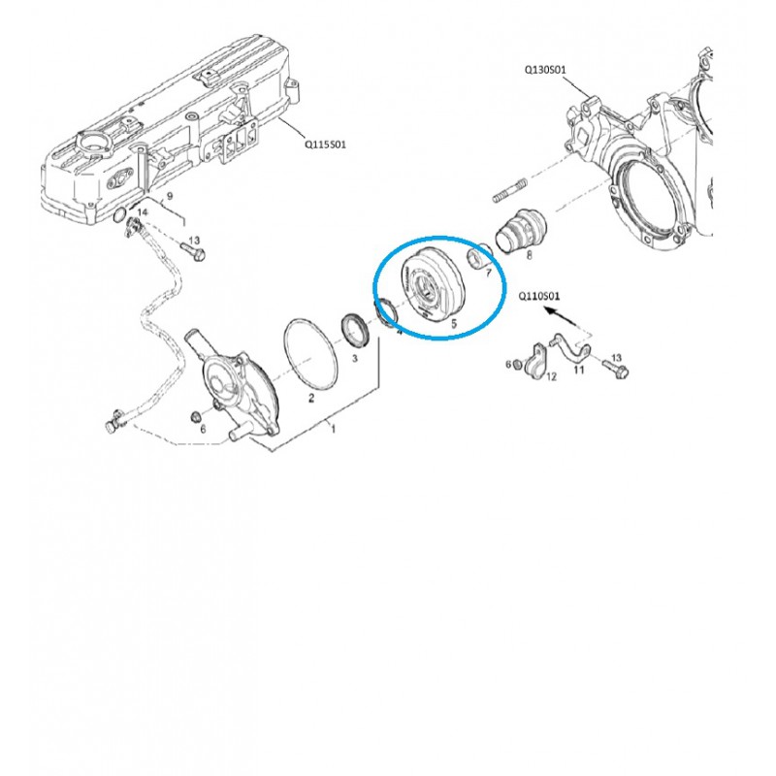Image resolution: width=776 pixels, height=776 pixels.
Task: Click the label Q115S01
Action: coord(326,144)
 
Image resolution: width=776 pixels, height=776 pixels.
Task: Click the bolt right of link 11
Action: coord(615,367)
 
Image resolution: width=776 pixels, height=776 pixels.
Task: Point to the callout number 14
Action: coord(142,210)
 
